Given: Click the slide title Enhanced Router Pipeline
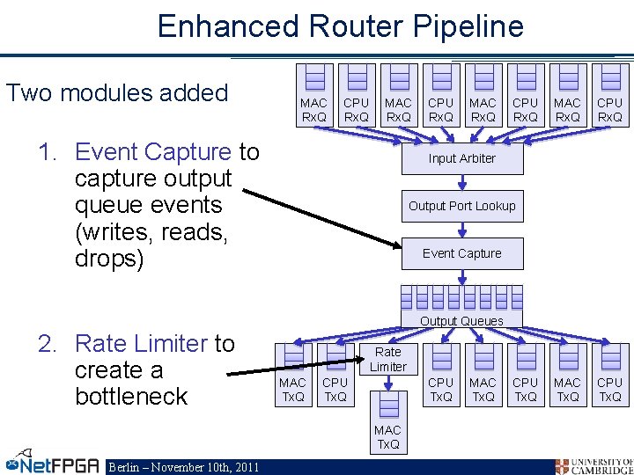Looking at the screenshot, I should tap(340, 26).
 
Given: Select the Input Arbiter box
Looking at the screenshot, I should tap(461, 158).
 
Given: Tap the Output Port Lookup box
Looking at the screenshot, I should tap(461, 206).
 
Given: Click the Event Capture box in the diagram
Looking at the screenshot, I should tap(461, 253).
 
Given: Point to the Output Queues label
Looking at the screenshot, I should tap(461, 321).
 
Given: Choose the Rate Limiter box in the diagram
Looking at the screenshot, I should tap(387, 359).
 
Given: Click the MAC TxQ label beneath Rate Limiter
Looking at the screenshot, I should tap(387, 436).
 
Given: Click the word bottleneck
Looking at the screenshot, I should tap(131, 396).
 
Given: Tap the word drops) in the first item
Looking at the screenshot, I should tap(109, 260).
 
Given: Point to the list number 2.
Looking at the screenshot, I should tap(46, 343).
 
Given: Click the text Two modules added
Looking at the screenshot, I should tap(117, 92).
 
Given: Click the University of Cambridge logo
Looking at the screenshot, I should tap(593, 465).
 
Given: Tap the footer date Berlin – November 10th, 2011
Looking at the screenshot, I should tap(183, 467).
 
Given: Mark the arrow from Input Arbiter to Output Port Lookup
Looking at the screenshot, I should tap(461, 182).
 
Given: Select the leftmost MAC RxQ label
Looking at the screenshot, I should tap(313, 110).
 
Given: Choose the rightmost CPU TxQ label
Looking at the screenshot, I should tap(608, 390).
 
